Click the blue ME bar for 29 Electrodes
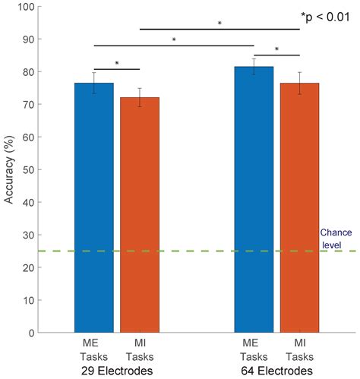pos(94,207)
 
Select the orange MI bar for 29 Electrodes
pos(140,215)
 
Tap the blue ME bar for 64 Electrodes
pos(254,200)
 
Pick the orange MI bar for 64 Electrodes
pos(299,207)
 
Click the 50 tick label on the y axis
pos(29,169)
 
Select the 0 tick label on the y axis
pos(32,333)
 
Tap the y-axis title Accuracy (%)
pos(9,169)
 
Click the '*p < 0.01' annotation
pos(325,17)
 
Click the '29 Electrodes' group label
pos(117,371)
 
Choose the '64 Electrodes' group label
pos(276,371)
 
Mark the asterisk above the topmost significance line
pos(219,24)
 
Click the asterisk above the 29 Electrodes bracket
pos(117,63)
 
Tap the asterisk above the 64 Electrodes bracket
pos(276,49)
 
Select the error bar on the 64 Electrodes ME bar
pos(254,67)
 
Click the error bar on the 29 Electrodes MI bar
pos(140,97)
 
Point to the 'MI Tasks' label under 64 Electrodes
pos(300,350)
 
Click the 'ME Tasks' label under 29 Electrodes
pos(94,350)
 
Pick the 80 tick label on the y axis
pos(29,72)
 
